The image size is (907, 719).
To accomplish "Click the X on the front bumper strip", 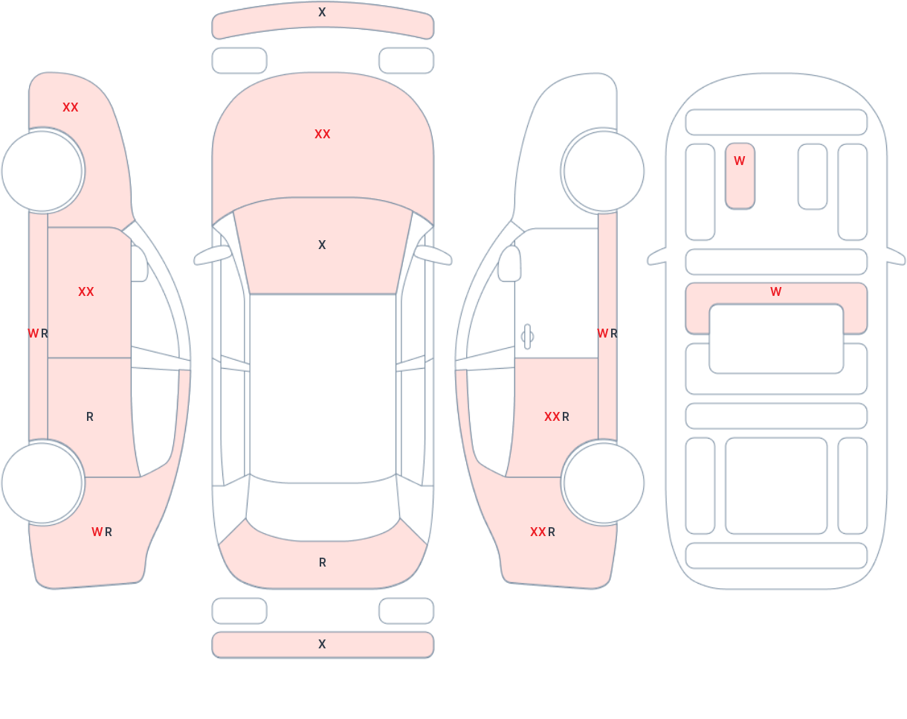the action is click(x=322, y=12).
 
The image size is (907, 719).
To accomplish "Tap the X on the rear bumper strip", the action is click(x=322, y=644).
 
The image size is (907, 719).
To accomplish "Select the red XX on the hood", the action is click(x=323, y=134).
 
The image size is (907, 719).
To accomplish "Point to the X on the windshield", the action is click(x=322, y=245).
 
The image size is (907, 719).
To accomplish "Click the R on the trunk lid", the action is click(x=323, y=562).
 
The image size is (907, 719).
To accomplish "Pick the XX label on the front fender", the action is click(x=71, y=107).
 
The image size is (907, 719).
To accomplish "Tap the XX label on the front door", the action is click(x=86, y=291).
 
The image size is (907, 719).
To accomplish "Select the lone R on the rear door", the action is click(x=90, y=417).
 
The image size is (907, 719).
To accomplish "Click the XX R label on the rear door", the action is click(x=557, y=417).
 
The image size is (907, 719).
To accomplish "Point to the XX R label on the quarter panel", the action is click(x=543, y=532).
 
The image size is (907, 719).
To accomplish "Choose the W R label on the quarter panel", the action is click(x=102, y=532).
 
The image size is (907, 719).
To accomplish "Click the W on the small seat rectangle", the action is click(x=739, y=161).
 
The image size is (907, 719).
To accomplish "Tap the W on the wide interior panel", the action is click(x=776, y=291).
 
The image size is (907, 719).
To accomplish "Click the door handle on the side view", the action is click(x=527, y=337).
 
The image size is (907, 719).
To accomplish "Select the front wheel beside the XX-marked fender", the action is click(x=42, y=171).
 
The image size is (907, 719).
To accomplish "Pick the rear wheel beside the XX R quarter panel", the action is click(x=604, y=483).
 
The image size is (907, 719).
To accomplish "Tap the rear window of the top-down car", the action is click(x=323, y=510).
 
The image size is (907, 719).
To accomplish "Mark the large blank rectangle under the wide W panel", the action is click(x=776, y=338).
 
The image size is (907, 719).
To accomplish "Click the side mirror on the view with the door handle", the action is click(x=509, y=263).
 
